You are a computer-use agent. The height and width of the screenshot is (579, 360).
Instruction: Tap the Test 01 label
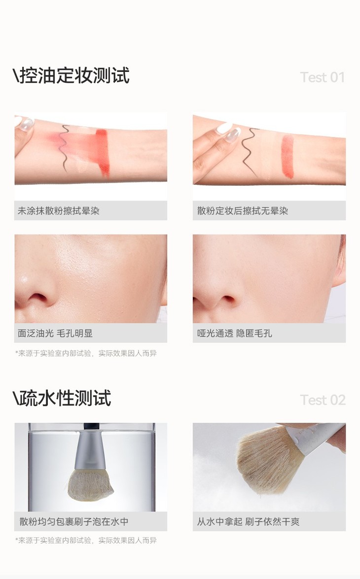coord(323,77)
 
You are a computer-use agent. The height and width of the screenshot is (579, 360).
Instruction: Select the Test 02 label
coord(323,400)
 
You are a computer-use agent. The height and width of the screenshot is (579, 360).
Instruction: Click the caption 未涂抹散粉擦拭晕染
coord(59,211)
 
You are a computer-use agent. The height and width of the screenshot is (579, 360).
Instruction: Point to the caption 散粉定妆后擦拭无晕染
coord(243,211)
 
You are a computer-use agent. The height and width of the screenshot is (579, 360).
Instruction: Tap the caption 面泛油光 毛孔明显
coord(55,334)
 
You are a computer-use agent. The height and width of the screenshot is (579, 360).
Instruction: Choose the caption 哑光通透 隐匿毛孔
coord(234,334)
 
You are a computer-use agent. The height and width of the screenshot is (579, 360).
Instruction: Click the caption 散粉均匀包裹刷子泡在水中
coord(74,522)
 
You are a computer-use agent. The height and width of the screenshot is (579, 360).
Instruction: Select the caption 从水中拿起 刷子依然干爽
coord(248,522)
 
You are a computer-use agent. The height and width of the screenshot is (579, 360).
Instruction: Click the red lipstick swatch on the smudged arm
coord(102,151)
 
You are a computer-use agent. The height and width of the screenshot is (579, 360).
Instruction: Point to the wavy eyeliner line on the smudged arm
coord(64,148)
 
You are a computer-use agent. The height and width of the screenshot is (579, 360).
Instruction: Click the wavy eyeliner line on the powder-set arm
coord(249,151)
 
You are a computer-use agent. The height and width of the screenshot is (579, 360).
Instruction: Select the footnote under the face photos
coord(86,353)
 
